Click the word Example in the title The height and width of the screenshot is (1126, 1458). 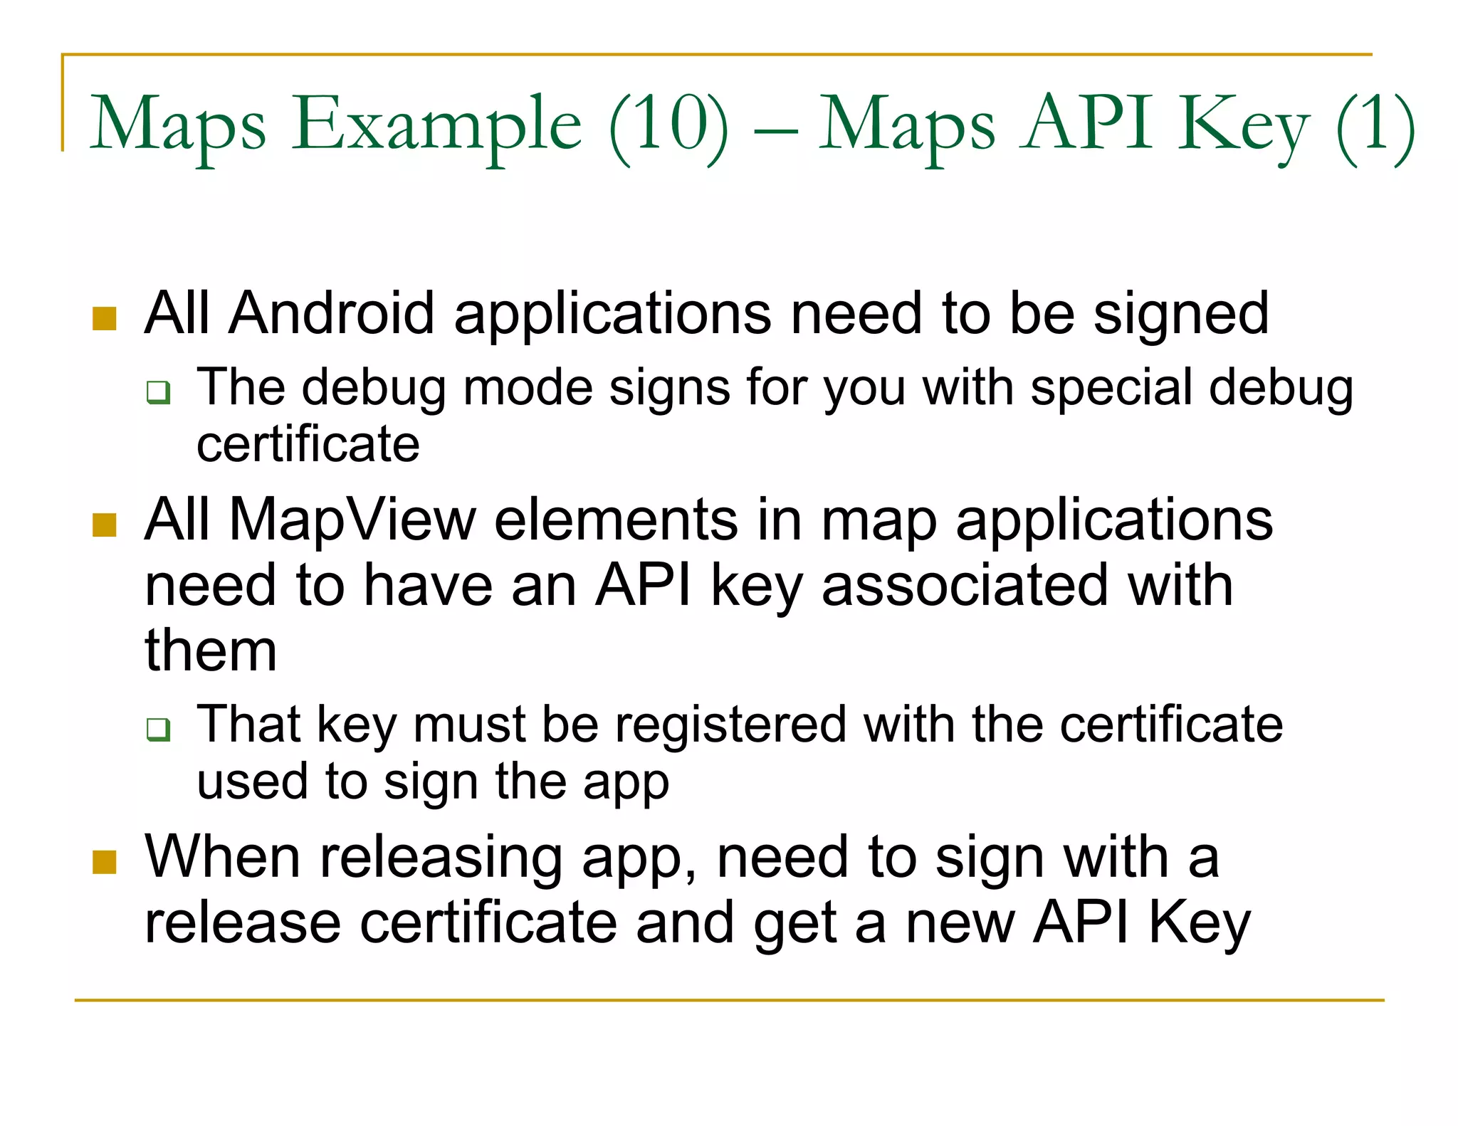[437, 125]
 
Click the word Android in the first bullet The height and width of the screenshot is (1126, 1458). [331, 313]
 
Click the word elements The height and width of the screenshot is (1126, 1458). [616, 520]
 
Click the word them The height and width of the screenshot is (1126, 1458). [211, 651]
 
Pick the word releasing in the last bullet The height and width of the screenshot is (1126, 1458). [441, 858]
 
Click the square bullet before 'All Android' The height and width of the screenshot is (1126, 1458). [104, 319]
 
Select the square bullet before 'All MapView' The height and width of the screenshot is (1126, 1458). [104, 525]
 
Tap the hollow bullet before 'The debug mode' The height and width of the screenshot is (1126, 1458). [158, 392]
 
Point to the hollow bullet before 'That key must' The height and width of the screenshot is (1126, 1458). [158, 729]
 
